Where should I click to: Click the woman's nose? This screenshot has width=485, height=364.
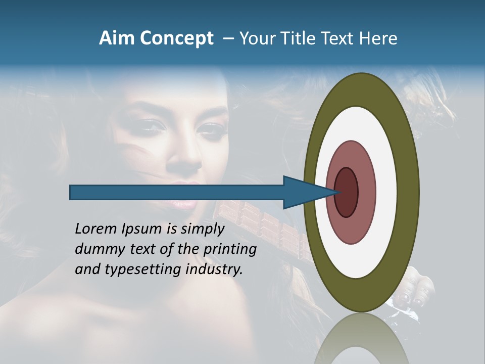[x=185, y=162]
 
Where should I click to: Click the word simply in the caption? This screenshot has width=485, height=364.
[x=203, y=230]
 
